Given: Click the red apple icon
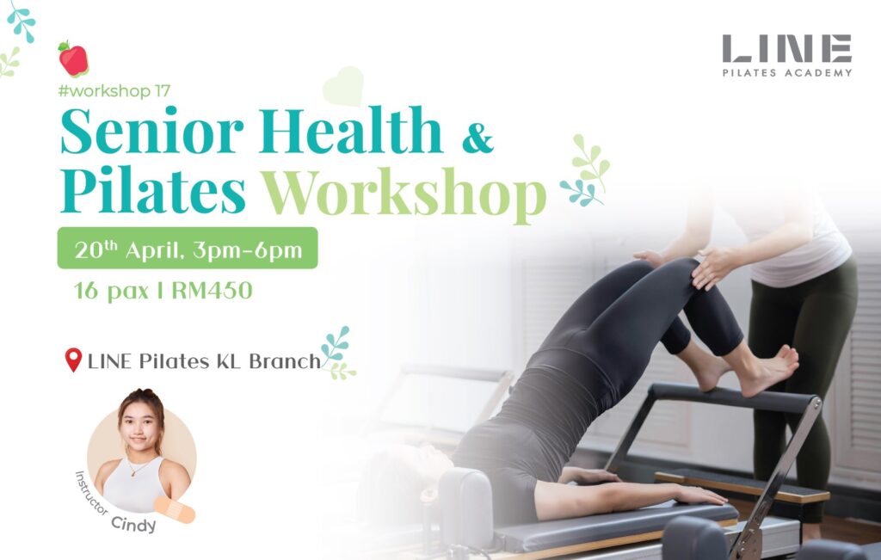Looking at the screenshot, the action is (74, 59).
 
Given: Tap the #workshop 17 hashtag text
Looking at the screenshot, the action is (114, 91).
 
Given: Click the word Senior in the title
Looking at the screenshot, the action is (151, 131).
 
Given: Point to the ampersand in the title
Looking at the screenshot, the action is (478, 138).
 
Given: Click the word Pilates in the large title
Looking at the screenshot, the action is (153, 191).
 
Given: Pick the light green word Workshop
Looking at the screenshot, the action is (404, 194).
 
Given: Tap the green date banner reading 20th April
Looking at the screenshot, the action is (188, 248).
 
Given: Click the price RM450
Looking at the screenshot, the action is (212, 291).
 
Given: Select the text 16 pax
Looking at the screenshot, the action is (111, 292).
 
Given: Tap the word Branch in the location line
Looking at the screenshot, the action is (285, 360).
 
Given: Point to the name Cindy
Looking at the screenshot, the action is (133, 524).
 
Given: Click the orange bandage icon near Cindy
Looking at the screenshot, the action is (175, 509).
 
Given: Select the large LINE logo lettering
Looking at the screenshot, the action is (787, 48).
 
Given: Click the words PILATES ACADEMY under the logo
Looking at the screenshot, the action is (787, 72).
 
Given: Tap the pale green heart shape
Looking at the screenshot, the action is (343, 87).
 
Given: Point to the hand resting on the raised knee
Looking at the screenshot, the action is (712, 268).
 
